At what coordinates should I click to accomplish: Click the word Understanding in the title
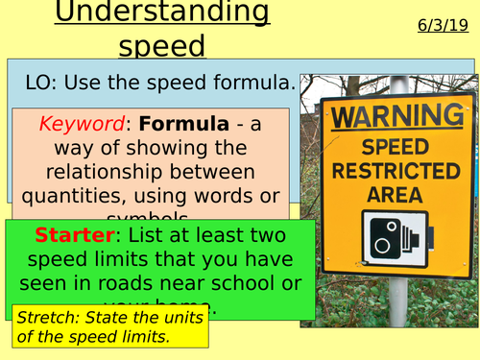(160, 13)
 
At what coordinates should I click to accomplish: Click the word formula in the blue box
(251, 84)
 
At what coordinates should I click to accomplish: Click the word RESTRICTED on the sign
(395, 172)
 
